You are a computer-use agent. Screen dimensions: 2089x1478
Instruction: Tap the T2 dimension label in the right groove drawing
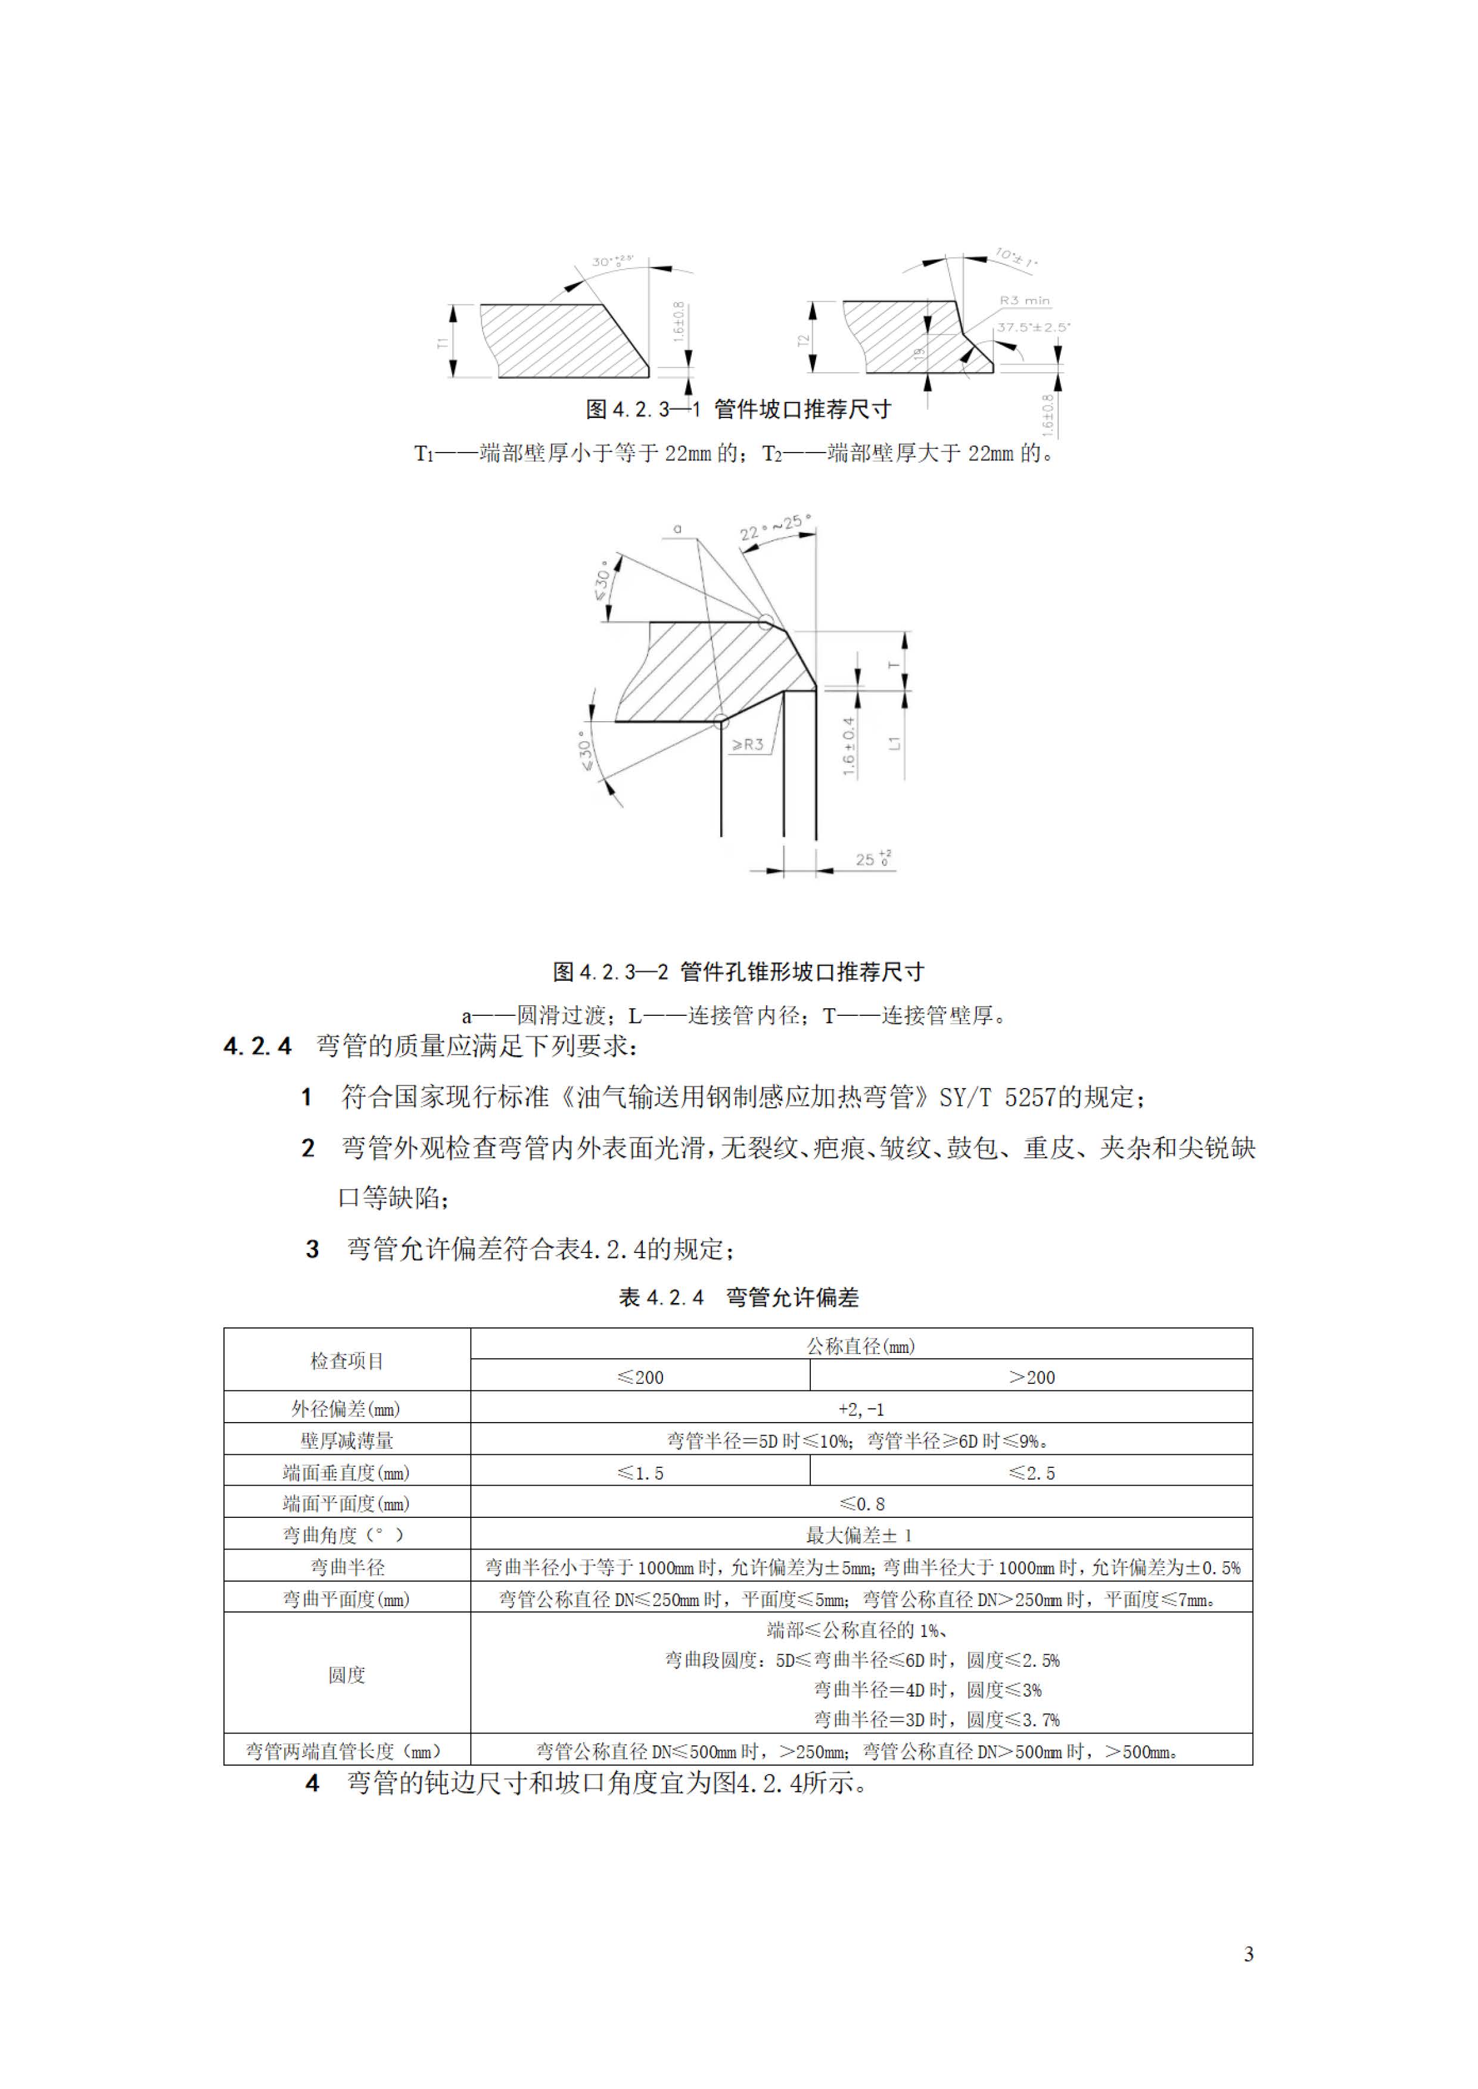click(x=802, y=340)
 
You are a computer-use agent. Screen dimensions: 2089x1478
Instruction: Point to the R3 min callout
click(x=1024, y=300)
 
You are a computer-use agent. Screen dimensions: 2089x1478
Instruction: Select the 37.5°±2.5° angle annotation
click(x=1033, y=327)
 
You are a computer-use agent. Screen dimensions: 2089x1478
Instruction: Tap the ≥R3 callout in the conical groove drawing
click(x=748, y=744)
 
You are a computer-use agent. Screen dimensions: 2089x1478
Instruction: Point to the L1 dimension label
click(x=895, y=743)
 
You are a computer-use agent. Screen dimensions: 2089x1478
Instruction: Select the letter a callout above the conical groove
click(x=677, y=528)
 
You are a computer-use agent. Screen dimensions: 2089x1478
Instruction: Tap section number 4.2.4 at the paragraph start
click(x=257, y=1046)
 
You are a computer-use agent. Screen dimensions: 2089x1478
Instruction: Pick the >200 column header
click(x=1031, y=1377)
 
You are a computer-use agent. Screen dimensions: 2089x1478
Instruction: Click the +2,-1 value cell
click(x=861, y=1410)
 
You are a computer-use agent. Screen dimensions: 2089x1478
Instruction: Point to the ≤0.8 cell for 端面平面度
click(x=861, y=1504)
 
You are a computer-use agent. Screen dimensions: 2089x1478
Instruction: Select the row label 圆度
click(x=347, y=1675)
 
